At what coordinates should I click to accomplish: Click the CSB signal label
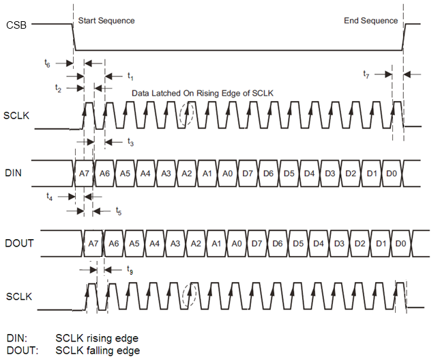[x=16, y=25]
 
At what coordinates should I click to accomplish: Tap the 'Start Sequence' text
[x=106, y=20]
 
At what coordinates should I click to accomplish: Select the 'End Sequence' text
[x=370, y=20]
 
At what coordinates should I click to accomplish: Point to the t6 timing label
[x=46, y=63]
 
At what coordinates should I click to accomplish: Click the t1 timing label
[x=131, y=74]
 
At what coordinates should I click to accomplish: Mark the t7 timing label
[x=366, y=74]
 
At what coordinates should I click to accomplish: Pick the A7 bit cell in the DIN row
[x=83, y=174]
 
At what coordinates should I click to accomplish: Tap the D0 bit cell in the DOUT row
[x=400, y=244]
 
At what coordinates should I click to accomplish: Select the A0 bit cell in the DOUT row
[x=237, y=244]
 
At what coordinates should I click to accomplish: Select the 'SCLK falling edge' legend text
[x=98, y=350]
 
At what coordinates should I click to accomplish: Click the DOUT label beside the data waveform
[x=18, y=243]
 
